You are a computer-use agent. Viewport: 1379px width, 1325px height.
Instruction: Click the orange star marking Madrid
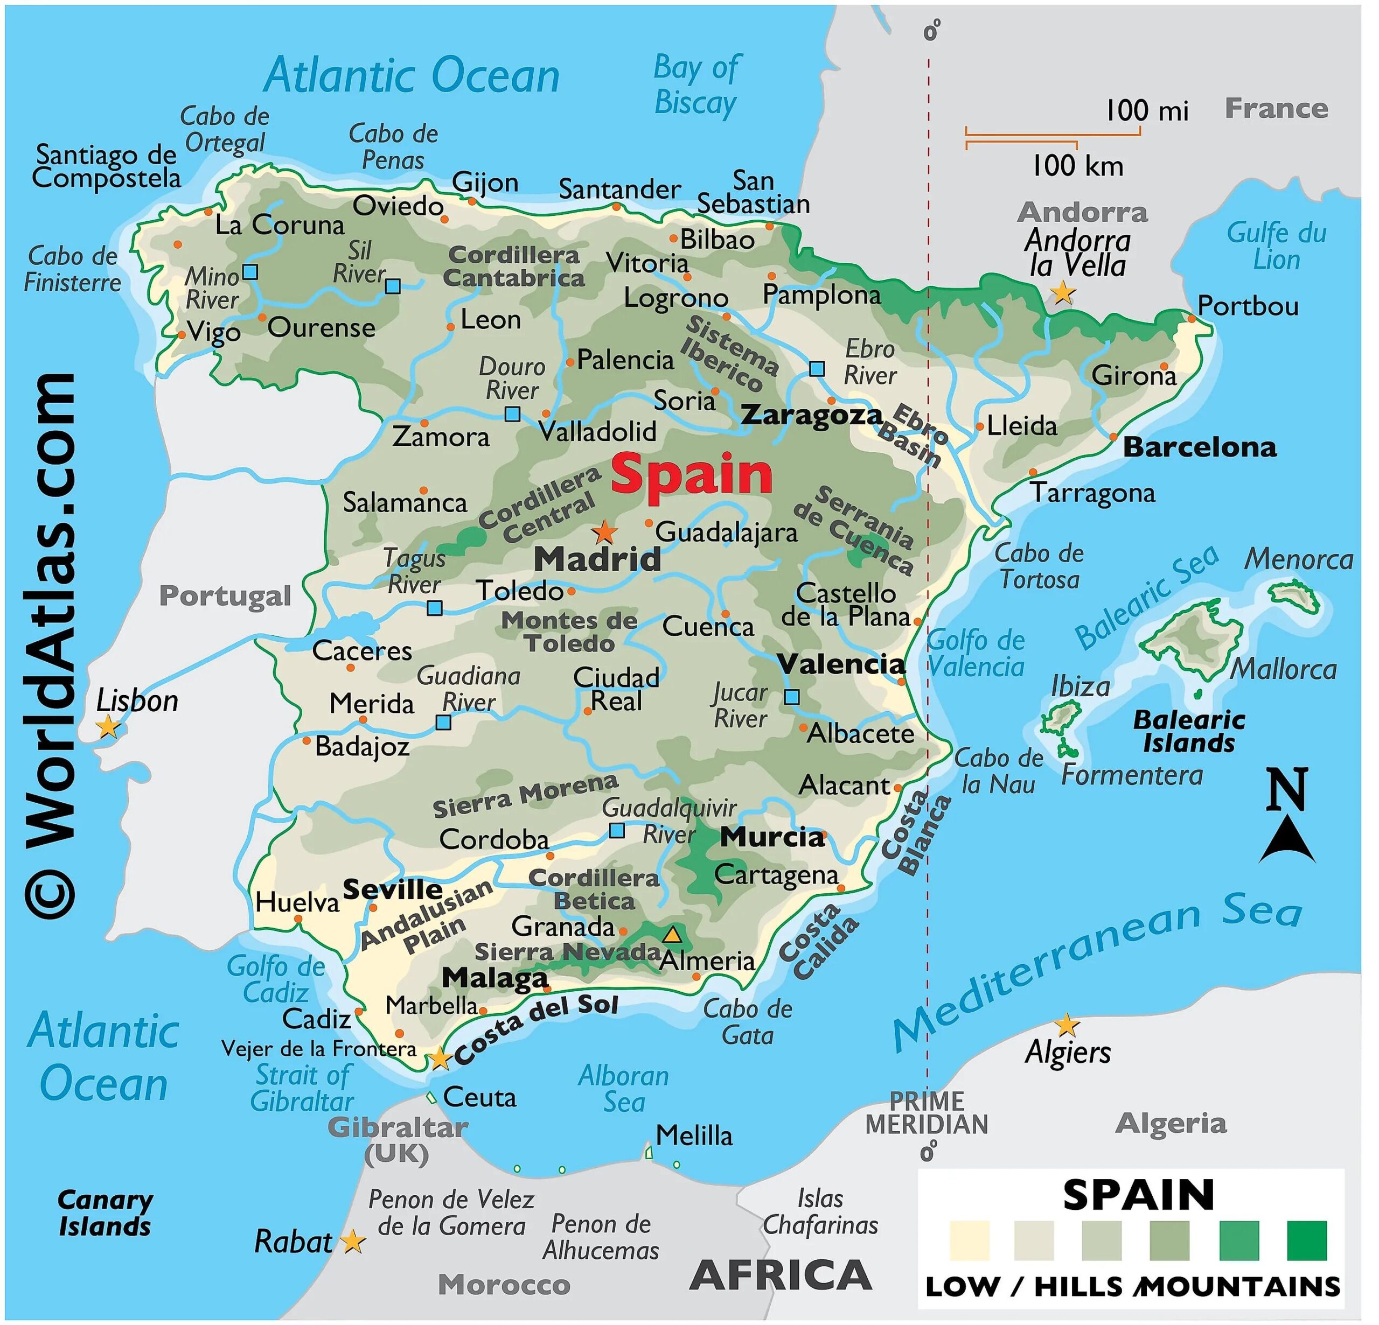click(605, 532)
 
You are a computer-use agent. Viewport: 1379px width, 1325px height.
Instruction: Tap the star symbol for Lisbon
click(108, 726)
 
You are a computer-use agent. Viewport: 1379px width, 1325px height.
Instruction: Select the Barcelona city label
click(1200, 447)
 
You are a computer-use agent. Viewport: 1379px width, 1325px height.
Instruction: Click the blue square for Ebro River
click(817, 368)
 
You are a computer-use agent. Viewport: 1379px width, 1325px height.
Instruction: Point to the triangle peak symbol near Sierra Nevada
click(673, 935)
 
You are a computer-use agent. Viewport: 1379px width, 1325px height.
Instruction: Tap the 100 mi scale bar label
click(1147, 111)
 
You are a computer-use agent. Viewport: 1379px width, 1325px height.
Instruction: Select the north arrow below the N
click(1287, 840)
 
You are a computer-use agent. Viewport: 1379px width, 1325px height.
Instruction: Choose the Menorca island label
click(1299, 560)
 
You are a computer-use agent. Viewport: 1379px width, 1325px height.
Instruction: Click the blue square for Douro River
click(513, 414)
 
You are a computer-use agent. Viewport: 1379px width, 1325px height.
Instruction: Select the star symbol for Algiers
click(1067, 1025)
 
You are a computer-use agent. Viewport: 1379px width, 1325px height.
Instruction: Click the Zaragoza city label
click(812, 415)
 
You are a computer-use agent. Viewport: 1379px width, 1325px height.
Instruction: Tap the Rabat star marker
click(352, 1242)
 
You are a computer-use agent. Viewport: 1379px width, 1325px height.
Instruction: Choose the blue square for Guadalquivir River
click(616, 831)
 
